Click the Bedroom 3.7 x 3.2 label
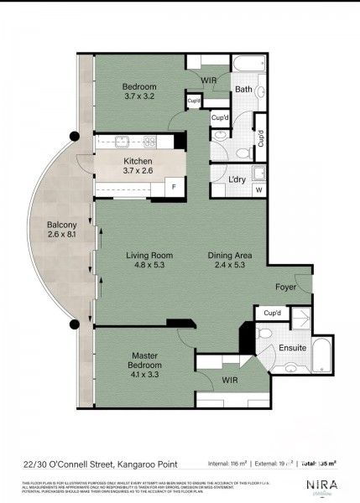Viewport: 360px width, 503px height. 141,91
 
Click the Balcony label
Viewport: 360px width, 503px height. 62,230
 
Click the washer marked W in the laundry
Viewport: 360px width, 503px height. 258,189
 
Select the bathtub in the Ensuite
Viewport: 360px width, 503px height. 322,355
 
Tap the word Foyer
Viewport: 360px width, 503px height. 287,288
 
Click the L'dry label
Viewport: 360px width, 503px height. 237,179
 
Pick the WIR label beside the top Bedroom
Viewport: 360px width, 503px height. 210,80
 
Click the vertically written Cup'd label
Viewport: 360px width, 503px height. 261,139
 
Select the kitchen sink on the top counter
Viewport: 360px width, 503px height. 117,143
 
